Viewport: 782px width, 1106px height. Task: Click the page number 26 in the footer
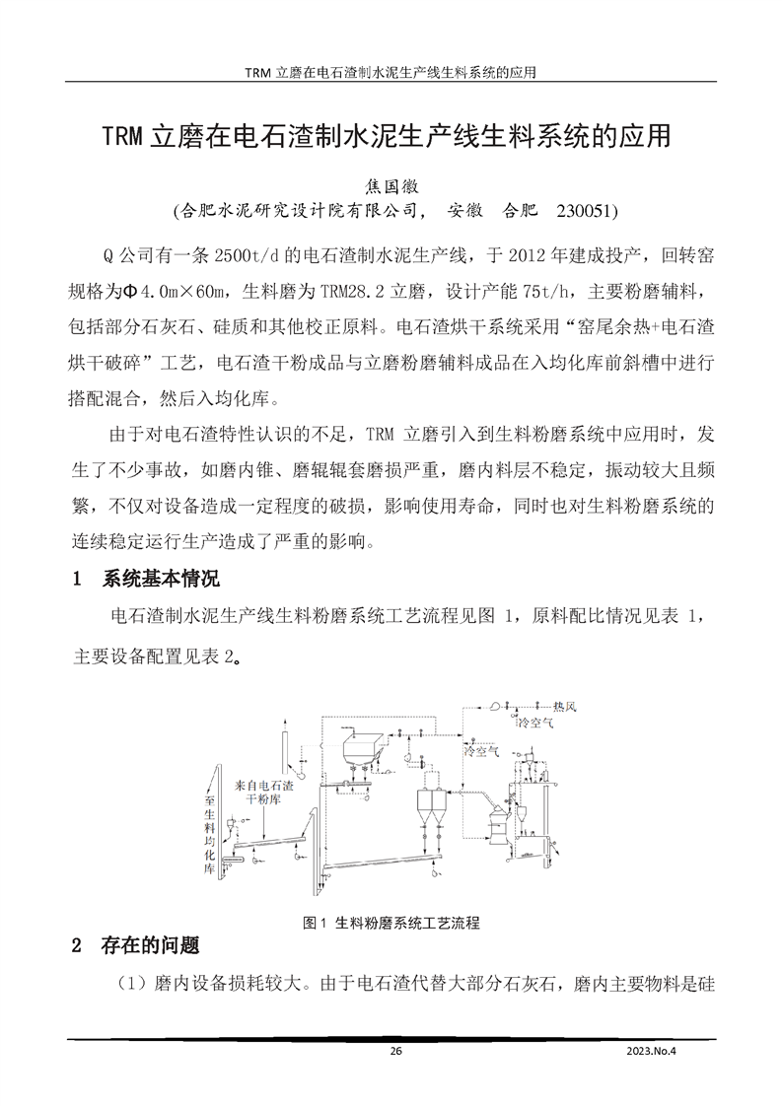[396, 1051]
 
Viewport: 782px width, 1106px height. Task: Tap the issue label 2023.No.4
[653, 1051]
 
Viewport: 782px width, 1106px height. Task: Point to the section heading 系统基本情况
[161, 579]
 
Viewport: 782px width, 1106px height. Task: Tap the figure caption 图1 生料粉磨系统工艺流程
[392, 923]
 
